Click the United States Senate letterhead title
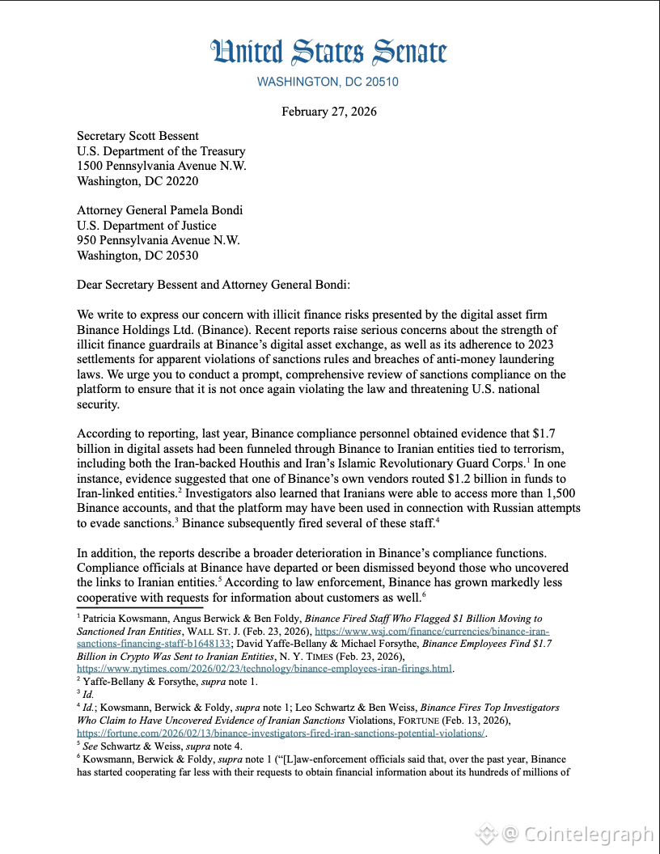tap(328, 53)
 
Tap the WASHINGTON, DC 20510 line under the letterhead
tap(328, 82)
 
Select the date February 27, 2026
tap(329, 112)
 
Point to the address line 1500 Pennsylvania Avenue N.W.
tap(162, 166)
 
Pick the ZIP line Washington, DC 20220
tap(137, 181)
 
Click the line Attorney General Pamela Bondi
tap(159, 210)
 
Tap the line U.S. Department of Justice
tap(146, 226)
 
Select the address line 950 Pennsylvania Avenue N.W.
tap(159, 240)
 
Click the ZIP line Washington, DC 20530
tap(137, 256)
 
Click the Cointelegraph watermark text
tap(588, 834)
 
